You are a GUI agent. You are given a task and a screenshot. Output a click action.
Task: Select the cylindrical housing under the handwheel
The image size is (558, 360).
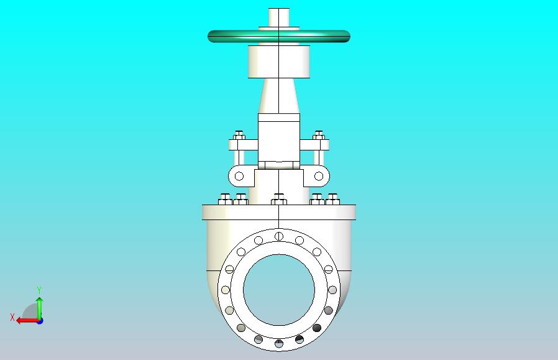point(278,62)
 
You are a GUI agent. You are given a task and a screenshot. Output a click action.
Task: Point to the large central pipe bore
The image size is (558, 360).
point(279,290)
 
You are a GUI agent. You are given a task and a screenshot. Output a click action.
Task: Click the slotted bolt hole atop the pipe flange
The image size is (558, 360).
point(279,236)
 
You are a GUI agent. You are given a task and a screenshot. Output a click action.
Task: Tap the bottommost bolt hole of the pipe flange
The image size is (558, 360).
point(279,344)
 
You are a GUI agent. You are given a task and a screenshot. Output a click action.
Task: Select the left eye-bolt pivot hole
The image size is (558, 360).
point(239,176)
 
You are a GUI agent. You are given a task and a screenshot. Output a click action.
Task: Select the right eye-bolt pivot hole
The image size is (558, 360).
point(319,176)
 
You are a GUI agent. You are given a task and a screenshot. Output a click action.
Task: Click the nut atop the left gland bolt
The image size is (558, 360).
point(239,136)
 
